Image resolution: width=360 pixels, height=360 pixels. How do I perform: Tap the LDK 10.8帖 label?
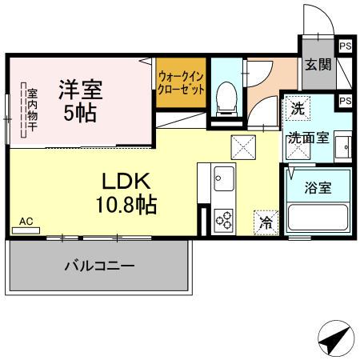click(x=122, y=193)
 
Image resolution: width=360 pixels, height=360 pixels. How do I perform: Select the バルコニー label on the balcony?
click(x=99, y=266)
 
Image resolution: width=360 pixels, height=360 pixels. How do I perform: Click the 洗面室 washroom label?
click(x=308, y=137)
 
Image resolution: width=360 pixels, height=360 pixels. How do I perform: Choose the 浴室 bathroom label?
click(x=318, y=188)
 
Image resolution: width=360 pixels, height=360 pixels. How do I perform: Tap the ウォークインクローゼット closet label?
click(x=181, y=82)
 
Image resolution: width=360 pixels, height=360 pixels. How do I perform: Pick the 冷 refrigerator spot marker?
click(x=265, y=222)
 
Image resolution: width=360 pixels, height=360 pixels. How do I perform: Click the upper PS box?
click(x=345, y=46)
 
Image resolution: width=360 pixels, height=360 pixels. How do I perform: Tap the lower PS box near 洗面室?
click(x=345, y=101)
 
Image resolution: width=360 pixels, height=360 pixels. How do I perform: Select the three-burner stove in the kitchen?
click(x=222, y=218)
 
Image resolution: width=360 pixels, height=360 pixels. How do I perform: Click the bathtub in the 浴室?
click(x=318, y=218)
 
